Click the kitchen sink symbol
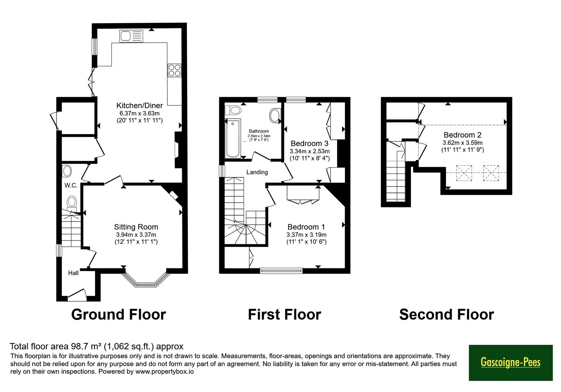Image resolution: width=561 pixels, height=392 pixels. (x=131, y=36)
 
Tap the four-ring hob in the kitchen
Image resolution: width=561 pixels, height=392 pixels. (x=174, y=70)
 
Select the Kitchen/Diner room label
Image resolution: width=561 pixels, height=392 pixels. (x=140, y=105)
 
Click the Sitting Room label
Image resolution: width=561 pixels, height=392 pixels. (x=136, y=227)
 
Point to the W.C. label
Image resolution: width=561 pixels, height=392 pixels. (x=71, y=185)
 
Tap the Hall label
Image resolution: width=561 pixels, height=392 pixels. (x=73, y=273)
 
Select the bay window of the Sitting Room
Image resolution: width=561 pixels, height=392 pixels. (x=146, y=280)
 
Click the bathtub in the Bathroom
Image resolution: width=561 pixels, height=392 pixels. (x=233, y=138)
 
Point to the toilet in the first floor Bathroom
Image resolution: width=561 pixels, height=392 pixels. (x=233, y=110)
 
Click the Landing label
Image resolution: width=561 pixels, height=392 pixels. (x=257, y=172)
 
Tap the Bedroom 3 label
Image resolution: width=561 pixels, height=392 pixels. (x=309, y=143)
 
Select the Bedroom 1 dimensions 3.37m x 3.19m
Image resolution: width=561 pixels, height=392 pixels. (x=306, y=235)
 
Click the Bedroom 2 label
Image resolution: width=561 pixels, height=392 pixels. (x=462, y=135)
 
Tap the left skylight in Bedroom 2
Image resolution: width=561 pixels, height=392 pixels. (x=464, y=173)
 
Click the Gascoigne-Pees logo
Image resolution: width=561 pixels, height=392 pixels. (x=511, y=363)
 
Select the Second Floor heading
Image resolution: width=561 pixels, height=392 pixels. (x=447, y=314)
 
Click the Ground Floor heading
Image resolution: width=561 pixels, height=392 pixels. (x=119, y=314)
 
